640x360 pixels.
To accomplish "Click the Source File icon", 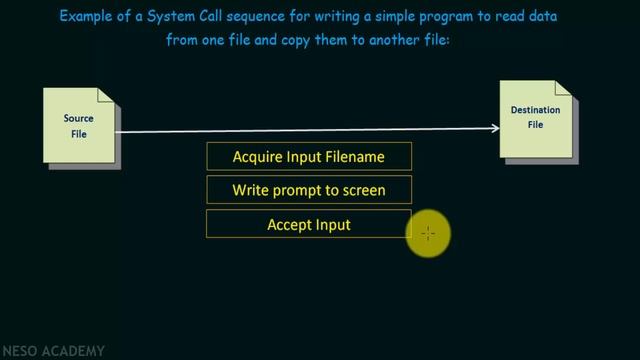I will [x=79, y=127].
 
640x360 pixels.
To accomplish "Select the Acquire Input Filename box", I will [x=308, y=156].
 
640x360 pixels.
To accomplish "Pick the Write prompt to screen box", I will [x=308, y=190].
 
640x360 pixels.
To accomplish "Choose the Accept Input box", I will [x=308, y=225].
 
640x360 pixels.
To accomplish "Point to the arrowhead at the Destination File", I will [x=494, y=127].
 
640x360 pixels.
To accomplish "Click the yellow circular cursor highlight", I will [x=428, y=233].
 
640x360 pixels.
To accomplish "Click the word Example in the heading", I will [x=89, y=17].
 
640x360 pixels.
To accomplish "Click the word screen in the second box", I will [x=360, y=190].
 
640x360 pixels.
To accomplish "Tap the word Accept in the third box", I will [x=289, y=225].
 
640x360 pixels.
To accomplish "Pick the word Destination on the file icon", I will [x=535, y=111].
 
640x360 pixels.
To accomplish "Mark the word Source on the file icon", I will [x=79, y=119].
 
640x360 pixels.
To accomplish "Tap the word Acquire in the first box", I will [x=257, y=156].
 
